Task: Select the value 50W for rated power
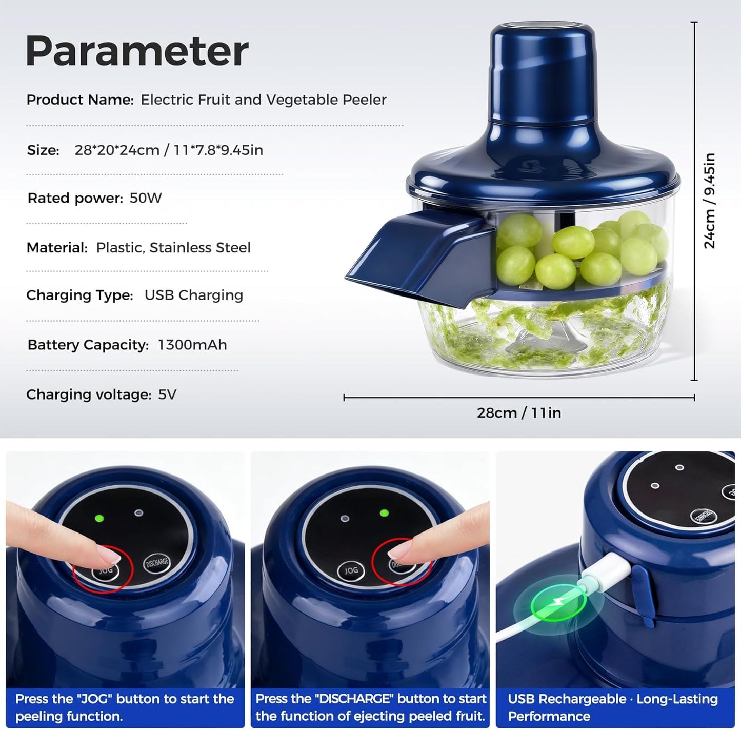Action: pyautogui.click(x=146, y=198)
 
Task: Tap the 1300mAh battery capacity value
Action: pyautogui.click(x=192, y=345)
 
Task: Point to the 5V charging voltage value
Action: pyautogui.click(x=167, y=394)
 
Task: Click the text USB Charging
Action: pyautogui.click(x=194, y=295)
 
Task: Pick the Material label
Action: pyautogui.click(x=57, y=248)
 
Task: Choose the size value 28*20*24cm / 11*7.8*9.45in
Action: pyautogui.click(x=169, y=150)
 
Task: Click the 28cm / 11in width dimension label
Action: pyautogui.click(x=519, y=413)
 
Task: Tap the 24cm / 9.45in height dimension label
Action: pyautogui.click(x=709, y=201)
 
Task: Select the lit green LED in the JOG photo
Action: pyautogui.click(x=99, y=518)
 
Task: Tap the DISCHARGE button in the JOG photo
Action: pyautogui.click(x=157, y=563)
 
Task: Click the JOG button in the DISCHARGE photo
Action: pyautogui.click(x=351, y=570)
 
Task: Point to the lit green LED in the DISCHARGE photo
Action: pyautogui.click(x=384, y=512)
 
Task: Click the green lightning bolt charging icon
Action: pyautogui.click(x=557, y=605)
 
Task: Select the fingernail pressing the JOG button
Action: pyautogui.click(x=108, y=555)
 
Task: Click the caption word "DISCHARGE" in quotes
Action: pyautogui.click(x=349, y=699)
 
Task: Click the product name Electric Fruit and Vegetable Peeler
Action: pyautogui.click(x=264, y=100)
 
